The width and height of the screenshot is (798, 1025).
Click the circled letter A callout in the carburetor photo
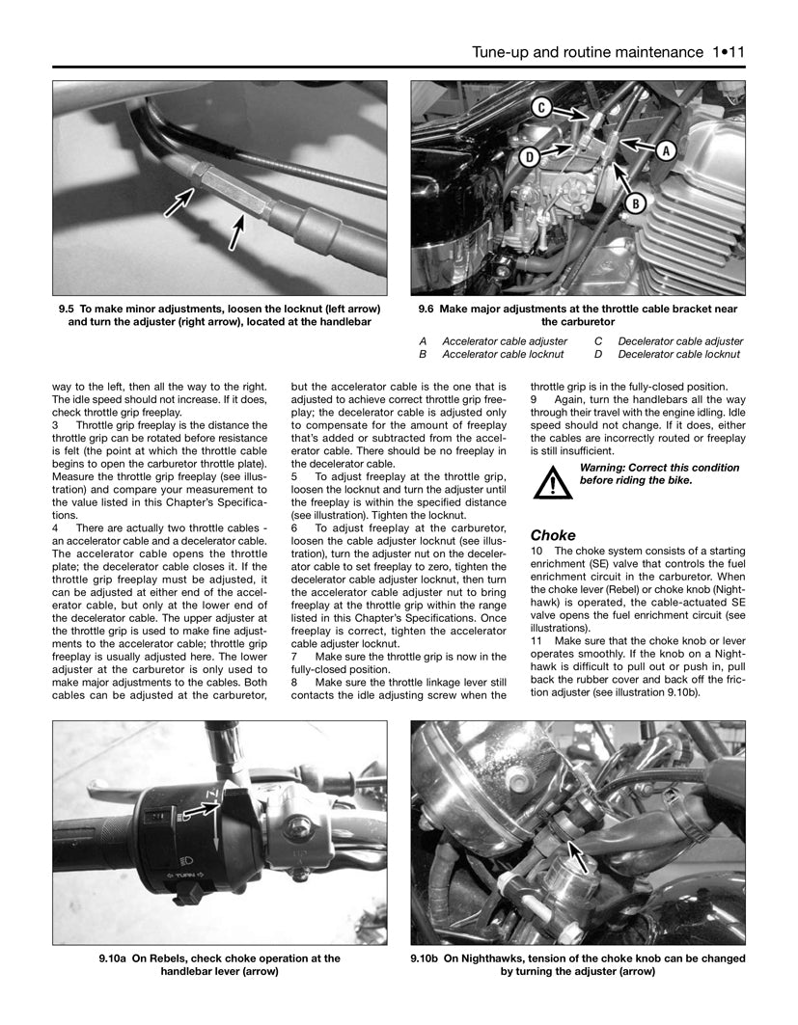(665, 150)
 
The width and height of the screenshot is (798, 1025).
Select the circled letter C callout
(542, 109)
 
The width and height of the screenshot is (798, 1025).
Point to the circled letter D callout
(530, 155)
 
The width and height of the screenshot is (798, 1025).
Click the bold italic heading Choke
(553, 535)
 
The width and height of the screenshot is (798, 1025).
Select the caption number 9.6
(428, 309)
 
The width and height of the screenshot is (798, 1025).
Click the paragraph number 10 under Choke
(537, 551)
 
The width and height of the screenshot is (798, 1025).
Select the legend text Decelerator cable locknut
(680, 355)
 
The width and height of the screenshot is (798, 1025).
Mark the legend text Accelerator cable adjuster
(505, 341)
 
